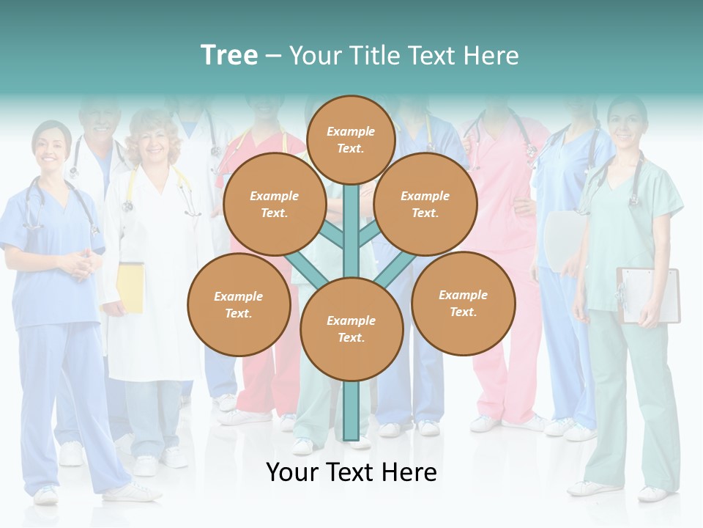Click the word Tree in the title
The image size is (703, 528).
point(229,56)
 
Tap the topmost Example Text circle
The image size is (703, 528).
point(351,139)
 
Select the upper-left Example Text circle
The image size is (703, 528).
point(274,204)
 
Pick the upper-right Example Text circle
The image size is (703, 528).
point(425,204)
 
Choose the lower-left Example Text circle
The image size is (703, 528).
point(238,304)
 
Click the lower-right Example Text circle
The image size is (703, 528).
point(463,303)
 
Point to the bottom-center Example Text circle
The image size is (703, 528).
point(351,329)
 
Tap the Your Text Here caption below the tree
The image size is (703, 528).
point(351,472)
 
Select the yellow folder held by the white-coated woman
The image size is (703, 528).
point(130,287)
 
